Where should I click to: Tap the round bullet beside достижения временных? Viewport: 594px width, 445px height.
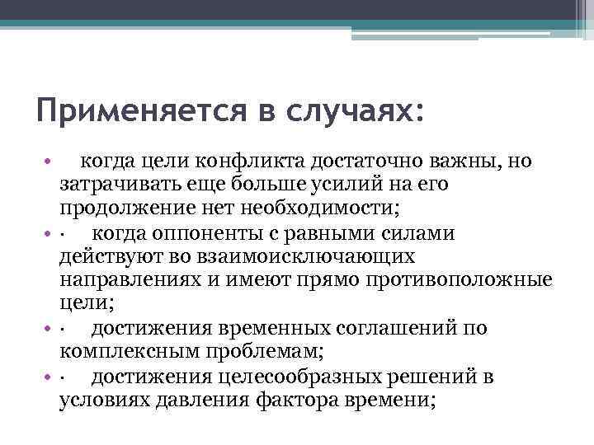pos(49,329)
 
